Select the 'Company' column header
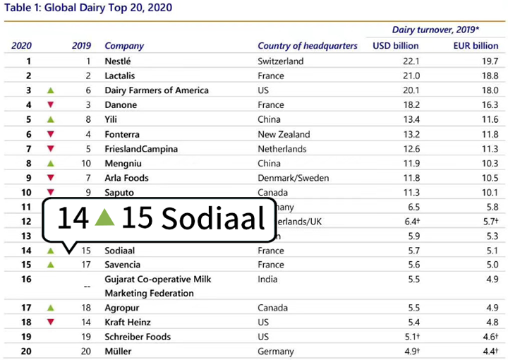pyautogui.click(x=124, y=46)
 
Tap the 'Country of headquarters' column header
pyautogui.click(x=308, y=46)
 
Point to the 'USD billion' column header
pyautogui.click(x=395, y=46)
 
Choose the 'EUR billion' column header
pyautogui.click(x=476, y=46)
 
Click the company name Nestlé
pyautogui.click(x=119, y=61)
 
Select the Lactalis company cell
pyautogui.click(x=120, y=76)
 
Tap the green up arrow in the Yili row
pyautogui.click(x=50, y=120)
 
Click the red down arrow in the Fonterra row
pyautogui.click(x=50, y=135)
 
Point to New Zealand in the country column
pyautogui.click(x=284, y=134)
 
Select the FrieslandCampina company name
pyautogui.click(x=140, y=149)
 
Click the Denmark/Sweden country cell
pyautogui.click(x=294, y=178)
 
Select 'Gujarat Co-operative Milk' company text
pyautogui.click(x=157, y=280)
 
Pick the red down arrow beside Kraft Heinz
pyautogui.click(x=50, y=322)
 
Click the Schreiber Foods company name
pyautogui.click(x=138, y=337)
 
